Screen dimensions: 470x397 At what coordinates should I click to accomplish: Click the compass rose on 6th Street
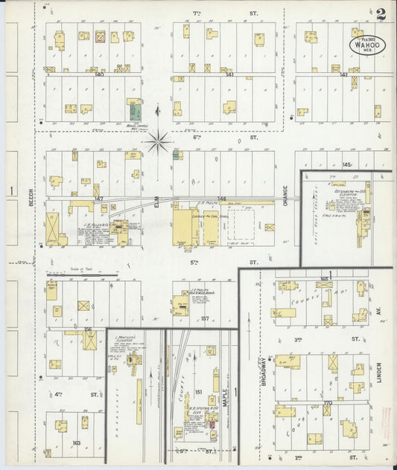pyautogui.click(x=158, y=141)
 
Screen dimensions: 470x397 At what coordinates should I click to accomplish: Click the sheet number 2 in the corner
pyautogui.click(x=381, y=13)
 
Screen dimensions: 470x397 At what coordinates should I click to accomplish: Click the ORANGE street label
pyautogui.click(x=286, y=196)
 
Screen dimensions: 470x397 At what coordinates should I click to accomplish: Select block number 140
pyautogui.click(x=99, y=74)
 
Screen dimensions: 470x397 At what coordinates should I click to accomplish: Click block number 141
pyautogui.click(x=229, y=74)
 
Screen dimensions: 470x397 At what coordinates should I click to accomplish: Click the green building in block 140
pyautogui.click(x=135, y=112)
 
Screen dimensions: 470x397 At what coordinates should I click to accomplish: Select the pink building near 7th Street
pyautogui.click(x=99, y=36)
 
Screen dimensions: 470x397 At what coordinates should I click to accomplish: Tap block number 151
pyautogui.click(x=199, y=392)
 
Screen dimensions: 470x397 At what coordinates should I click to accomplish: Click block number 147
pyautogui.click(x=97, y=199)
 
